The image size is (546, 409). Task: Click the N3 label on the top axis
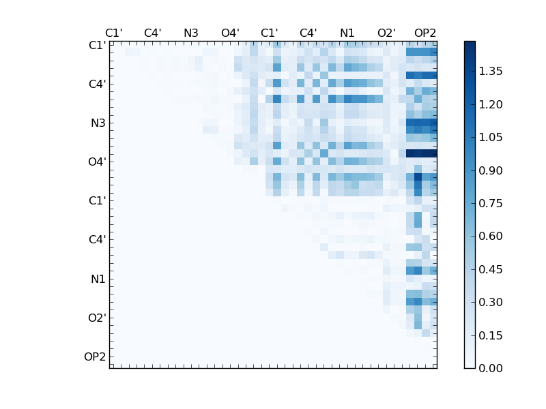click(x=191, y=33)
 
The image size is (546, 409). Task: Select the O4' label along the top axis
click(x=230, y=33)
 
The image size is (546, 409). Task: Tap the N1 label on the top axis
click(x=347, y=33)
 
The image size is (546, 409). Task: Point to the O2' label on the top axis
click(x=386, y=33)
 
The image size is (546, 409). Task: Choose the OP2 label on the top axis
click(x=425, y=33)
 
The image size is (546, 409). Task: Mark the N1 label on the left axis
click(x=98, y=279)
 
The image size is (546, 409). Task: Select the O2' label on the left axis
click(x=96, y=318)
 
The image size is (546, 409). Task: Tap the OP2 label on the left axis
click(x=95, y=357)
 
